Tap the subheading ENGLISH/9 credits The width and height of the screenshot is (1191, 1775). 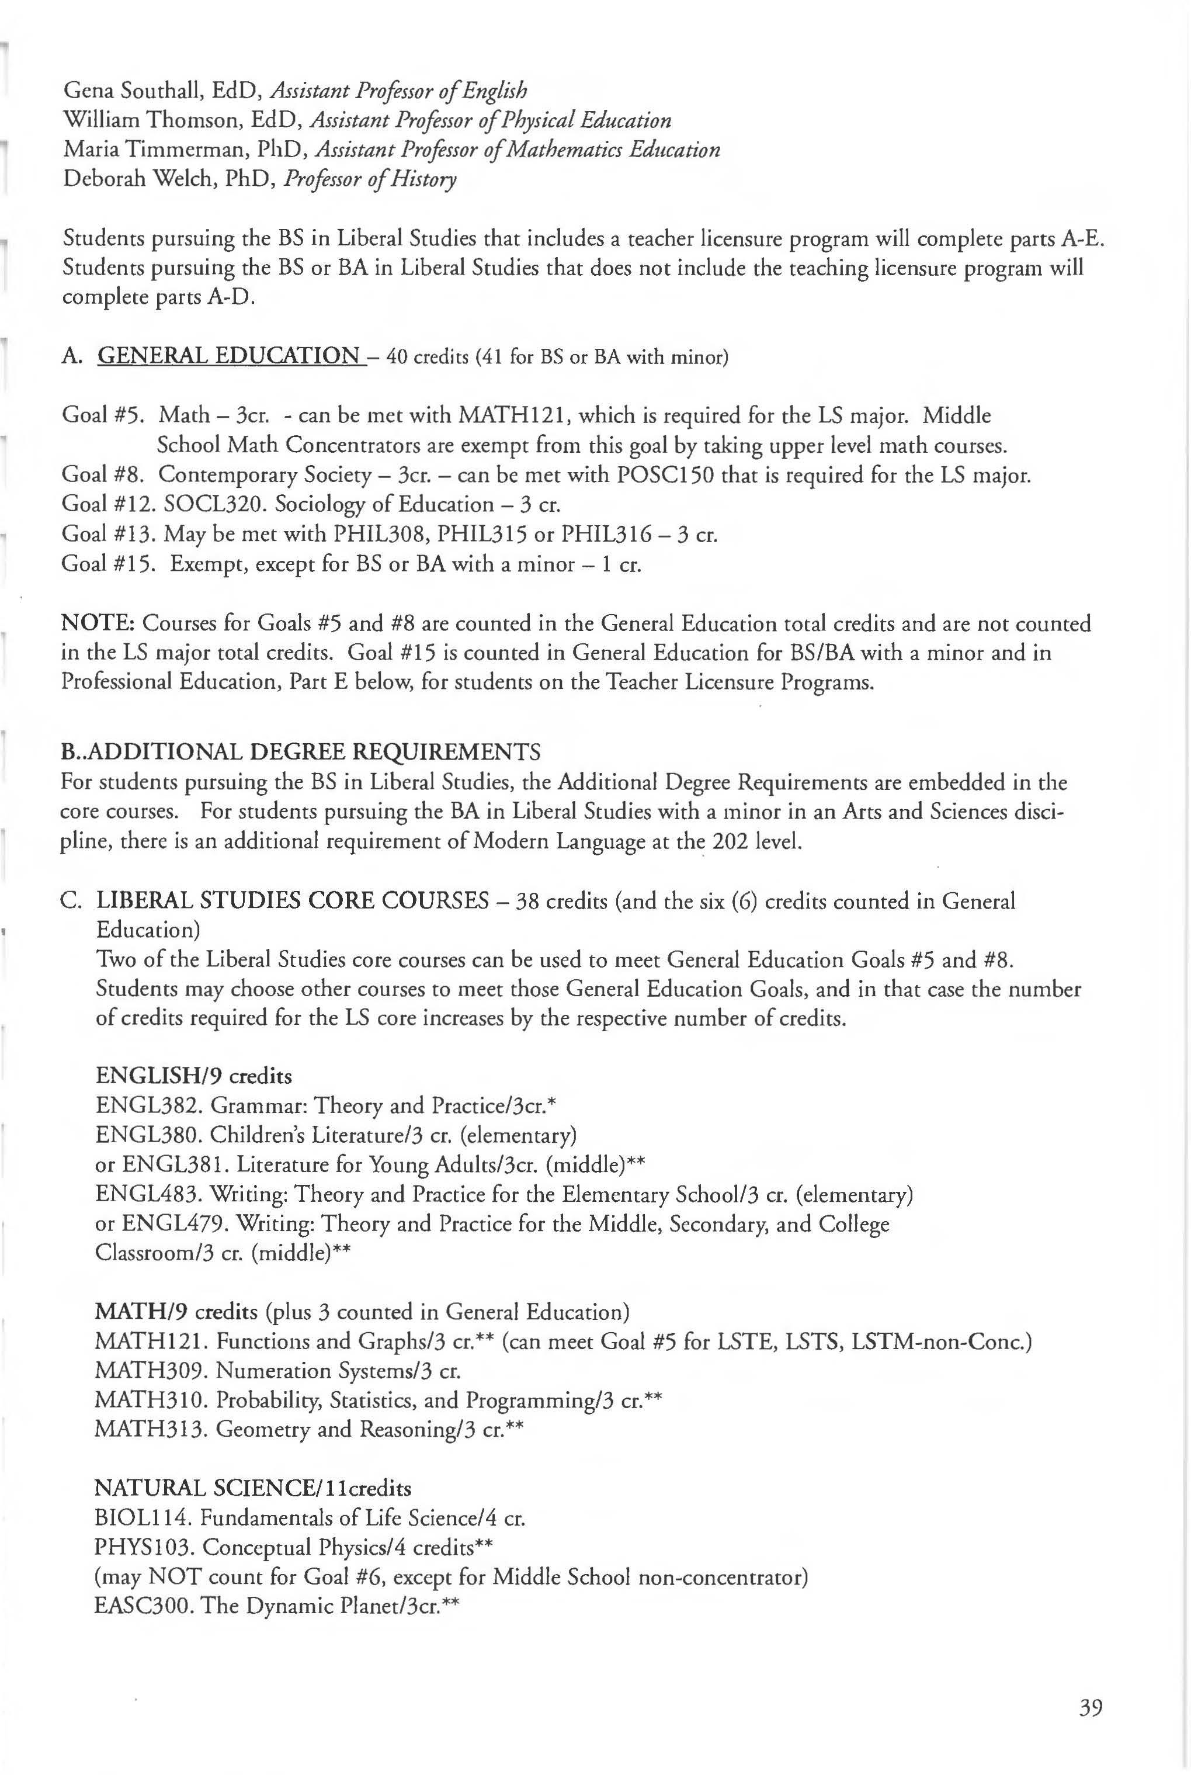[x=194, y=1076]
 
